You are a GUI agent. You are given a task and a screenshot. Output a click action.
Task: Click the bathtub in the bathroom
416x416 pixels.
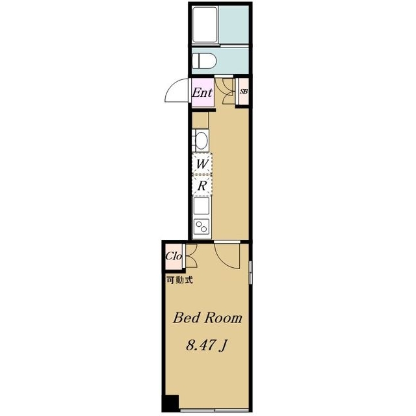[205, 25]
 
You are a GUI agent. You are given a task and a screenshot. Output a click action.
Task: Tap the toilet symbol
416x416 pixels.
[204, 60]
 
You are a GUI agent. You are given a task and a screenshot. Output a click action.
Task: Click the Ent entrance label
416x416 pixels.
[202, 92]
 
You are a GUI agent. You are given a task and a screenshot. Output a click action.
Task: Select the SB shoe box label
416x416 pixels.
[244, 92]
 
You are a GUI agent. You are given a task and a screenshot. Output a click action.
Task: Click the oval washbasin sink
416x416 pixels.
[202, 140]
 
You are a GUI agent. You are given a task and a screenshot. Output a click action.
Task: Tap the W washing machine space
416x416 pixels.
[202, 164]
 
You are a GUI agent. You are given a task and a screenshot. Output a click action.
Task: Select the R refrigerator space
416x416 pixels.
[202, 186]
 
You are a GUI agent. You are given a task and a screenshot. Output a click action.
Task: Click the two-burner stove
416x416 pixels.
[201, 226]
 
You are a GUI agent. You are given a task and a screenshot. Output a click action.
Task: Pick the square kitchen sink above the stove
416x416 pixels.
[201, 206]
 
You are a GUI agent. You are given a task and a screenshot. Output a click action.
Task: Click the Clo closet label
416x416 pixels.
[174, 256]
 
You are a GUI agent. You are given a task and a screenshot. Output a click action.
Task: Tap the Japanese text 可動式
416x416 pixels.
[179, 280]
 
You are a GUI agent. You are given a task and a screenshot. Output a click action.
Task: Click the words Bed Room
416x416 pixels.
[207, 318]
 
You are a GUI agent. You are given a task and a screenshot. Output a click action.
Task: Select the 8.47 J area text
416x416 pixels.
[207, 345]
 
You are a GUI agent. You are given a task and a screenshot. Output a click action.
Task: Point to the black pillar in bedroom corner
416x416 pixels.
[171, 403]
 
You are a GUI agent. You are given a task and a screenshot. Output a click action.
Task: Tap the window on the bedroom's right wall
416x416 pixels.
[251, 272]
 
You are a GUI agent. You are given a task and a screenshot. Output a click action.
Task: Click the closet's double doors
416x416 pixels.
[190, 256]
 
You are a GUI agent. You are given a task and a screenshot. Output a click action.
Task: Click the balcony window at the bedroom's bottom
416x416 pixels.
[214, 411]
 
